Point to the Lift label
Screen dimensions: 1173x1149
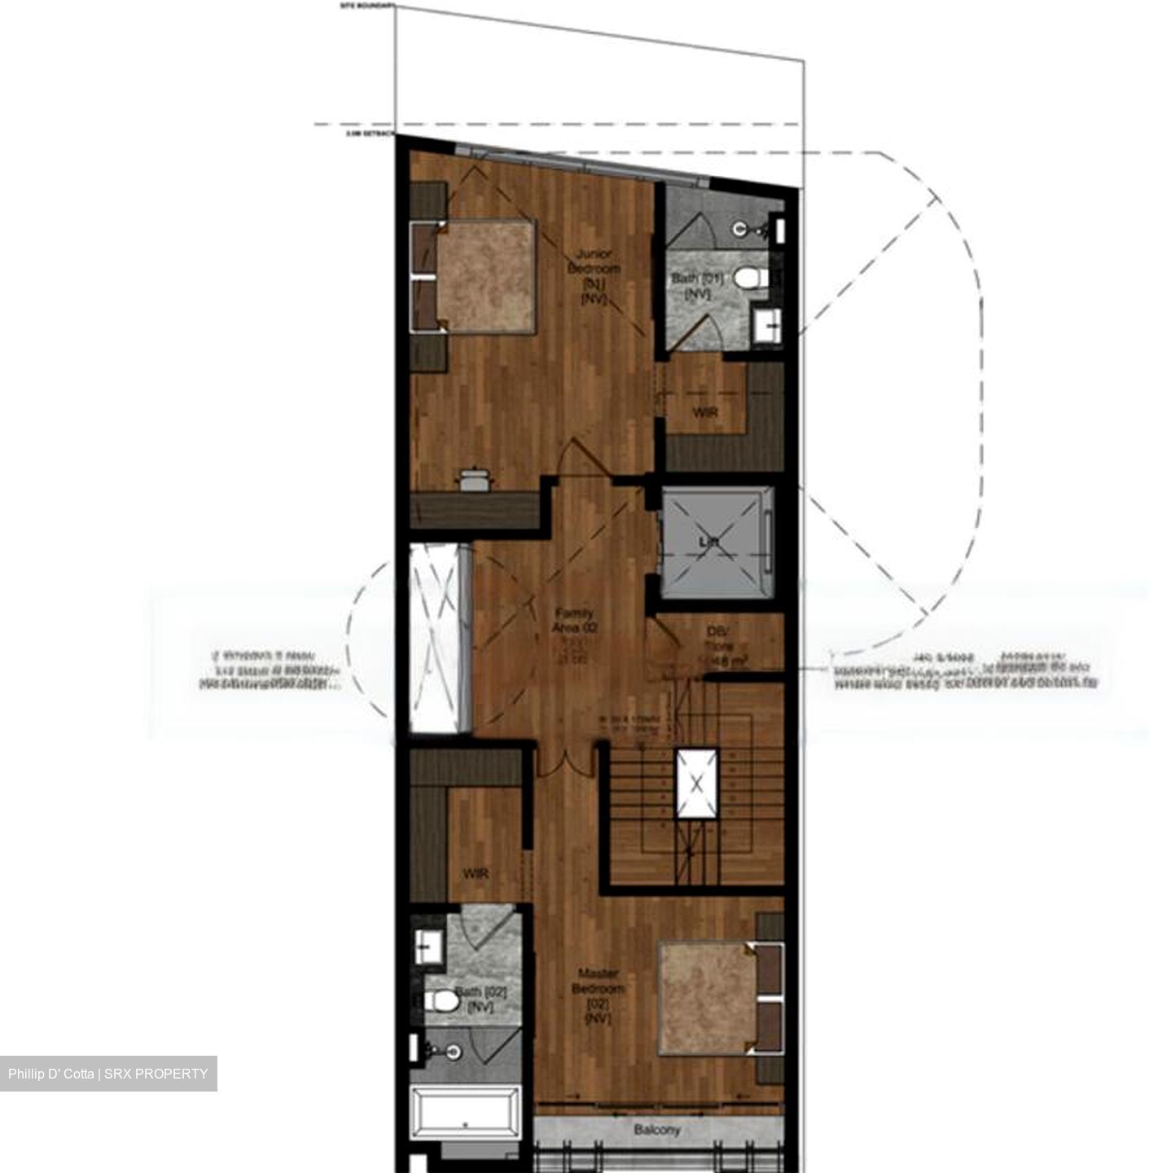pos(707,542)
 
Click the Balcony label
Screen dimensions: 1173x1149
pos(657,1130)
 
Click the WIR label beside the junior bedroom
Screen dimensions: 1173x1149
pos(705,413)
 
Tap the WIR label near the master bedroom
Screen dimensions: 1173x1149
pos(475,874)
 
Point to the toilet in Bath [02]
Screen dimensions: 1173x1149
pos(441,999)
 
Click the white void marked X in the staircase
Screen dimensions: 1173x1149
pos(697,784)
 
